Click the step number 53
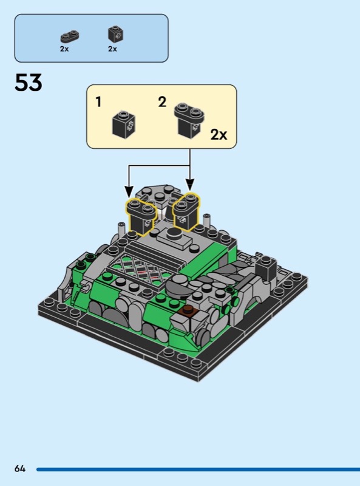click(x=28, y=83)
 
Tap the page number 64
click(x=20, y=468)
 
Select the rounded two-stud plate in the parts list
click(x=69, y=36)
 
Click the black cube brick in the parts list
click(x=116, y=34)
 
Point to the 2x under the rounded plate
click(x=64, y=49)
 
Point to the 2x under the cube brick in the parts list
click(x=112, y=49)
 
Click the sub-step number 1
click(x=98, y=102)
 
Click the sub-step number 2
click(x=162, y=102)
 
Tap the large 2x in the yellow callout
click(x=219, y=134)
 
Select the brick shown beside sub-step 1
click(x=124, y=125)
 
